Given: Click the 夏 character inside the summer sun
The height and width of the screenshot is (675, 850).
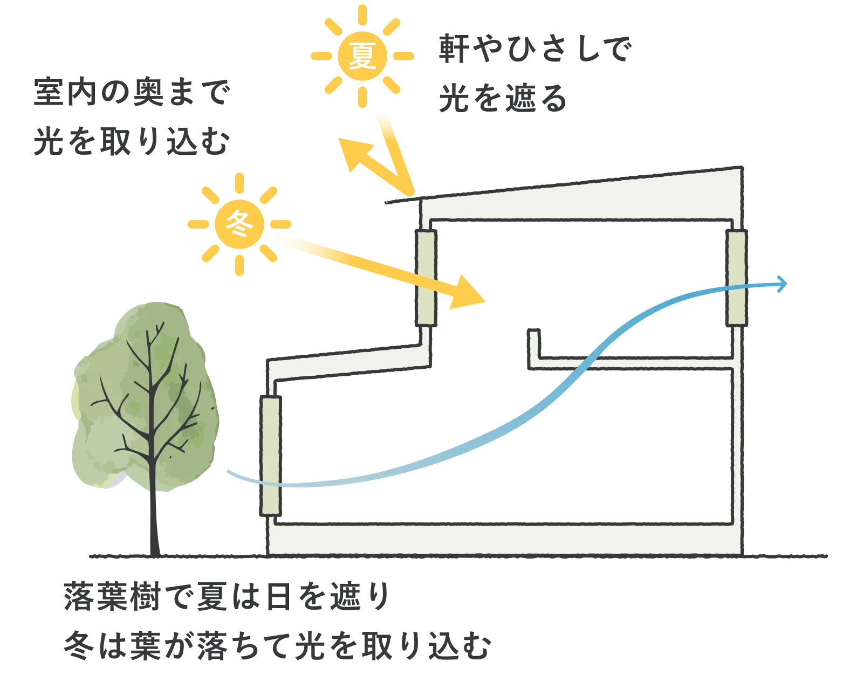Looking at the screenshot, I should click(x=362, y=56).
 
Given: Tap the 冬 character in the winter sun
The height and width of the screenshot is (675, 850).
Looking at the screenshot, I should click(x=239, y=224).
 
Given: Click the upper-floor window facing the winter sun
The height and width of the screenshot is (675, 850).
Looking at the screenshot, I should click(x=426, y=278).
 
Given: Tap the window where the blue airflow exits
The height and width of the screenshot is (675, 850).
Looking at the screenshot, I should click(x=736, y=278).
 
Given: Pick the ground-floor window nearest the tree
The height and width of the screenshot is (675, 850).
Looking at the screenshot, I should click(x=271, y=456).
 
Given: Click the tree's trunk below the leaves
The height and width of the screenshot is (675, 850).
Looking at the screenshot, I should click(x=154, y=523).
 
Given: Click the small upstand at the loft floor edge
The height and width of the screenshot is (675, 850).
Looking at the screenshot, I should click(x=533, y=345).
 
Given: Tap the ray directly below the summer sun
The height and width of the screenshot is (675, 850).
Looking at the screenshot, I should click(x=362, y=97).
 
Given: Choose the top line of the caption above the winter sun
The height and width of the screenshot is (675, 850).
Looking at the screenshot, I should click(x=131, y=93).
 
